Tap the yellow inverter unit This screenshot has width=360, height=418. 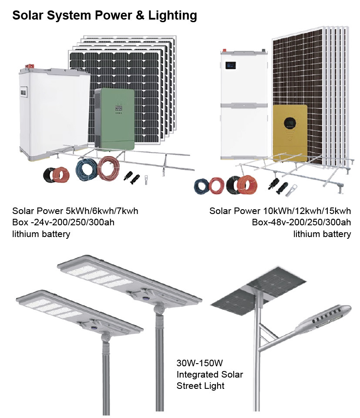click(x=290, y=133)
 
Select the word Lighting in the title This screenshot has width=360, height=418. click(x=173, y=16)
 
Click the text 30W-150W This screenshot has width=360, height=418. click(x=200, y=363)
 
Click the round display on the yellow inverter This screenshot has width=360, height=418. click(x=289, y=123)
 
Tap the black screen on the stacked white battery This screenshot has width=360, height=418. click(x=230, y=65)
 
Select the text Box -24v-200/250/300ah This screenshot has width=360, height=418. click(x=63, y=222)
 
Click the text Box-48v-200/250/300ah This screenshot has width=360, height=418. click(x=301, y=222)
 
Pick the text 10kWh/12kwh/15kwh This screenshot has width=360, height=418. click(x=307, y=211)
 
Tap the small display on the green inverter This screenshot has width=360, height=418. click(x=118, y=108)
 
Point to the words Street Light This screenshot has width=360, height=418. click(x=200, y=386)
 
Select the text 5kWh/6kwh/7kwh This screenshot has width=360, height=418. click(x=102, y=211)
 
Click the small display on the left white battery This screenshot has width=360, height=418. click(x=24, y=93)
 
